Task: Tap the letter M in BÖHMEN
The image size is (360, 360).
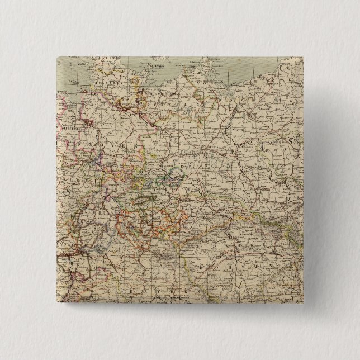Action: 268,258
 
